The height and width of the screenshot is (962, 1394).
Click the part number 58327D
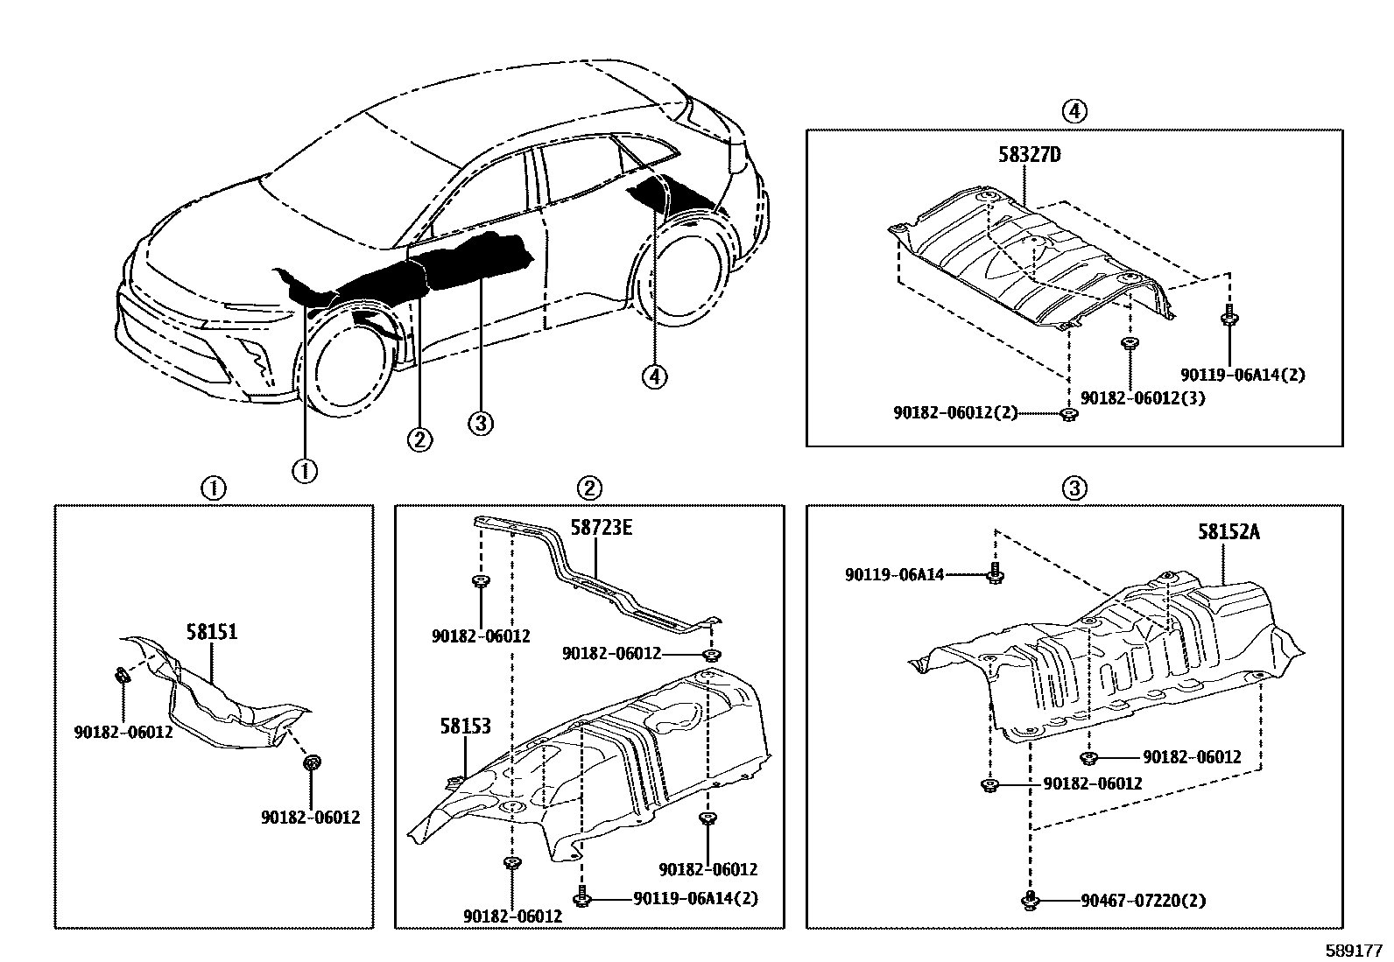(1029, 156)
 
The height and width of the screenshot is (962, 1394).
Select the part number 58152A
(1229, 531)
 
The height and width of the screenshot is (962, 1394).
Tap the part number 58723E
(602, 528)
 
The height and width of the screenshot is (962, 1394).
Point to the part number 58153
(465, 727)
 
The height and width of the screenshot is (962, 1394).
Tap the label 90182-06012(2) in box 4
(955, 412)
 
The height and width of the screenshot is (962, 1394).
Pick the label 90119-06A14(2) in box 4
(1243, 375)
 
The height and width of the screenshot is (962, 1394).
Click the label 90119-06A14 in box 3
(895, 574)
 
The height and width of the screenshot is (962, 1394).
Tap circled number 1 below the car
(305, 470)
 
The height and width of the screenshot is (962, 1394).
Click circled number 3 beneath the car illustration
(481, 424)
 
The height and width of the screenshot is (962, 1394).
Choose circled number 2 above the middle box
(589, 488)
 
